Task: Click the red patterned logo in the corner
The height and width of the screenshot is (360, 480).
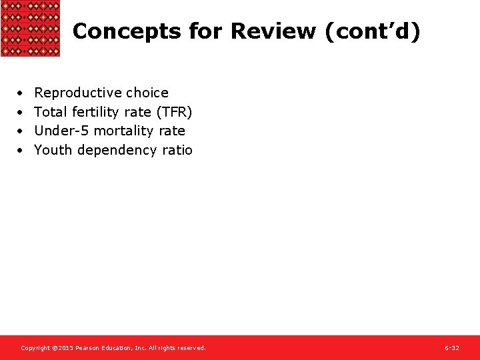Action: click(x=30, y=28)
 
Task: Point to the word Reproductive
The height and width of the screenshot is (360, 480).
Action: click(x=78, y=93)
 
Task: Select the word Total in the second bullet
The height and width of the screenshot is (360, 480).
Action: click(x=50, y=112)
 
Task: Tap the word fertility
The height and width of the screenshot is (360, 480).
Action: click(x=95, y=112)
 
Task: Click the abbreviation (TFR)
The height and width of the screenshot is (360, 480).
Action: click(x=174, y=112)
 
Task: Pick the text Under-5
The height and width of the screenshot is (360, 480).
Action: click(x=57, y=131)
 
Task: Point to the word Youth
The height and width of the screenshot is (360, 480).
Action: click(x=53, y=150)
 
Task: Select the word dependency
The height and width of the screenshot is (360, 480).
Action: click(x=117, y=150)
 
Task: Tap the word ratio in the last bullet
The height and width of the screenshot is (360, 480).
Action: click(x=177, y=150)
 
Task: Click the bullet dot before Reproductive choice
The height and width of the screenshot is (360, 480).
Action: click(x=21, y=93)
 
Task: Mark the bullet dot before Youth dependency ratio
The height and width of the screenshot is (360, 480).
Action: click(x=21, y=151)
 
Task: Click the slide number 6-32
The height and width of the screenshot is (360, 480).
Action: click(x=452, y=348)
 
